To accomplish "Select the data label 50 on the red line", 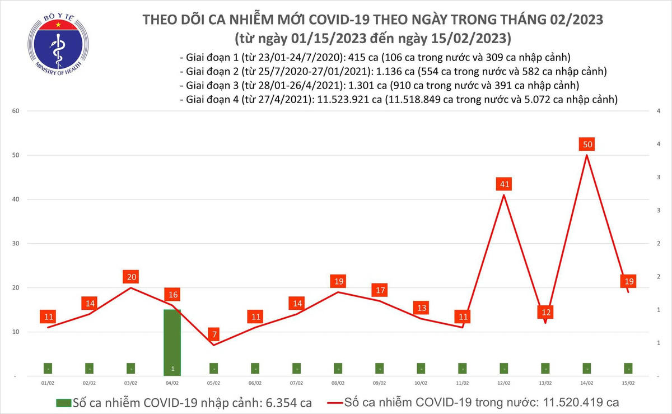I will click(587, 145).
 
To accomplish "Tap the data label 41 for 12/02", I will click(504, 184).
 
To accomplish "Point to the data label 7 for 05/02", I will click(213, 335).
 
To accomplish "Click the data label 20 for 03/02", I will click(131, 277).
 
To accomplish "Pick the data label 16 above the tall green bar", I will click(172, 295).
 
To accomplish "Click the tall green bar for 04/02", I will click(172, 342).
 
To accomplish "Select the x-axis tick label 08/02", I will click(338, 383).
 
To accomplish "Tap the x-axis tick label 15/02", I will click(628, 383).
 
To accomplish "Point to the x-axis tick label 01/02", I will click(48, 383).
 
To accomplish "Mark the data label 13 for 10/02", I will click(421, 308).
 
